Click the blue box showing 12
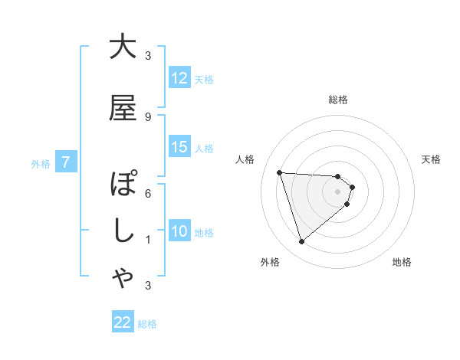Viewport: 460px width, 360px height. coord(179,78)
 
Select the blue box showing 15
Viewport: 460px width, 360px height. coord(179,147)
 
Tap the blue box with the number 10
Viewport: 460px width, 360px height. coord(179,231)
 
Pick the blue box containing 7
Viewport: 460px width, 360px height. coord(66,162)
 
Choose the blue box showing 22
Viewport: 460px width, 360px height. coord(123,322)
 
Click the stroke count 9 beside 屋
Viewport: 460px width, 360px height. coord(147,116)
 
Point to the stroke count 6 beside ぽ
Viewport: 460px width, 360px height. coord(147,193)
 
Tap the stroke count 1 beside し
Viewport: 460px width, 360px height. coord(147,240)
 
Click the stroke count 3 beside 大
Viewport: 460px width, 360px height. coord(147,55)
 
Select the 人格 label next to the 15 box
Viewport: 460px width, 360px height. coord(204,148)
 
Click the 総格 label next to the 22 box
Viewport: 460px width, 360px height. coord(147,323)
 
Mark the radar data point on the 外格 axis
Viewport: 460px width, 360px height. coord(301,242)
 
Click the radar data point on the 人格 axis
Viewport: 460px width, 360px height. coord(279,172)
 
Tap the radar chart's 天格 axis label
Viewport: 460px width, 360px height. coord(432,159)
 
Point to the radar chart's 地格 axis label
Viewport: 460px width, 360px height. coord(402,262)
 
